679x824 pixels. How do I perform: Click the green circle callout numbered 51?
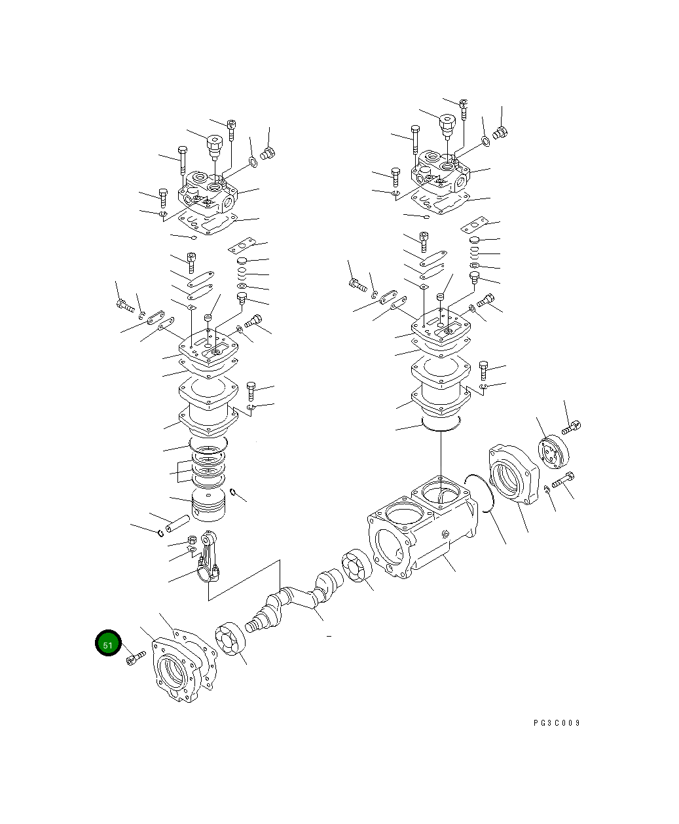(108, 644)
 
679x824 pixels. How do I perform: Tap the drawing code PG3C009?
(557, 723)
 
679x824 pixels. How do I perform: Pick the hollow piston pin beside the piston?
(177, 523)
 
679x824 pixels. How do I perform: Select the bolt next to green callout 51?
(136, 657)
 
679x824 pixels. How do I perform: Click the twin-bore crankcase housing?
(419, 531)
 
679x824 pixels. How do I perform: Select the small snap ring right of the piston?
(233, 493)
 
